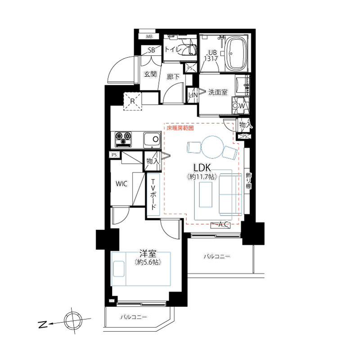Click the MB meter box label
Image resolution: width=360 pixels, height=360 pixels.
(149, 36)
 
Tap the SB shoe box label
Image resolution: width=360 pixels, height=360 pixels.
(151, 50)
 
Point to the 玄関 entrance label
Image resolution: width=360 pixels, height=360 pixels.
(150, 74)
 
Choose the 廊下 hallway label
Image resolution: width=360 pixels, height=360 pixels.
(173, 76)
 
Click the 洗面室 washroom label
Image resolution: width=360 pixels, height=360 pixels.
(218, 92)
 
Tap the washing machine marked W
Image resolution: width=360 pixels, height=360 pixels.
(240, 105)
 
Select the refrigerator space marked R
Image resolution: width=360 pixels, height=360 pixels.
(132, 101)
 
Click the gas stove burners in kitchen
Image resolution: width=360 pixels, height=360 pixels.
(123, 139)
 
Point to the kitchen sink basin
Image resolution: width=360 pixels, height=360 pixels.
(152, 140)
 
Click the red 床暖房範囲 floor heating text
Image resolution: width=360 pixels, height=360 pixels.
(180, 128)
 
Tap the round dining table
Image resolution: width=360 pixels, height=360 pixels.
(212, 147)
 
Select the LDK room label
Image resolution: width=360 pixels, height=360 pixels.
(202, 168)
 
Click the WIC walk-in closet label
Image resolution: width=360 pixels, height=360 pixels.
(121, 184)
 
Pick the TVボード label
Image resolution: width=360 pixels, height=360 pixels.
(153, 195)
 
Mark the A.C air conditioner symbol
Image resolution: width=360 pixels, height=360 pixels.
(220, 225)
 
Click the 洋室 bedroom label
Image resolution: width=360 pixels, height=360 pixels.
(148, 253)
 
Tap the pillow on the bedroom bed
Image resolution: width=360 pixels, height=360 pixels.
(119, 269)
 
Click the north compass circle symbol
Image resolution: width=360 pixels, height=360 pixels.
(73, 321)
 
